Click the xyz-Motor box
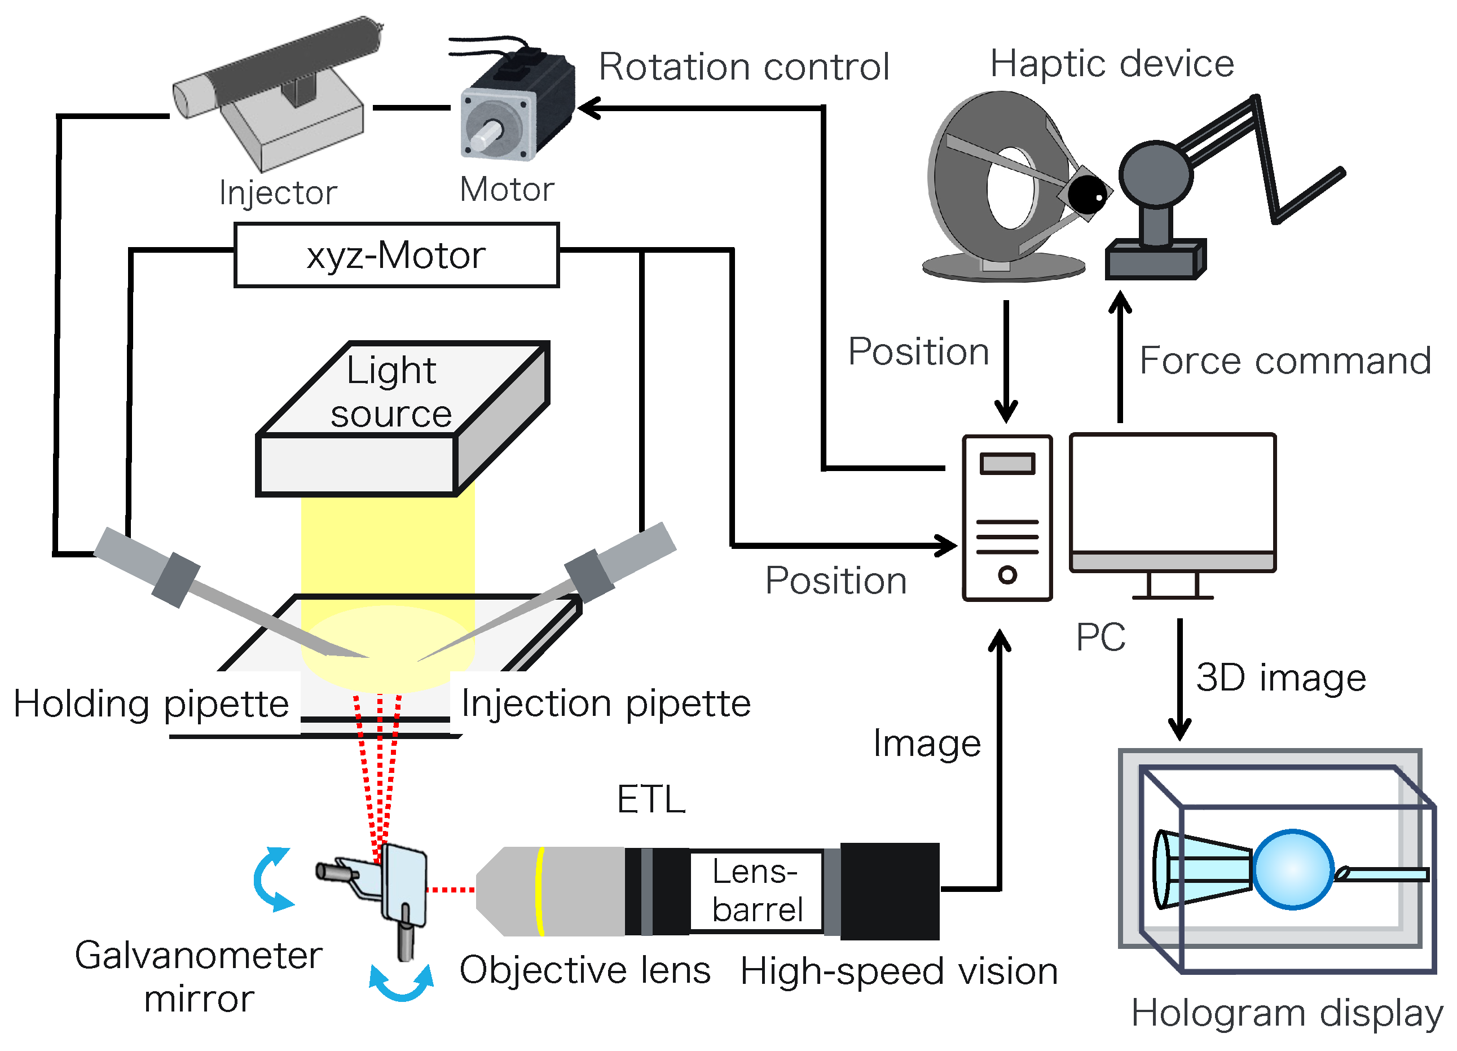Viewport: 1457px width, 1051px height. point(397,255)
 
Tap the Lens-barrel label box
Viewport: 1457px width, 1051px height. point(756,890)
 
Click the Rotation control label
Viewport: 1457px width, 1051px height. point(743,67)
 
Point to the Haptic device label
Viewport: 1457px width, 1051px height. point(1111,64)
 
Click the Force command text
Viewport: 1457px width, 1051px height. point(1285,360)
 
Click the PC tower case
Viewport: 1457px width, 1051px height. point(1007,518)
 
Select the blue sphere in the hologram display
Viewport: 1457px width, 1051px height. point(1292,869)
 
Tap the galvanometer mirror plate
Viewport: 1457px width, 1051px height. point(403,883)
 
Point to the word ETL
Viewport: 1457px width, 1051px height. point(651,799)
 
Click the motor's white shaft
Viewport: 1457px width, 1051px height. point(486,135)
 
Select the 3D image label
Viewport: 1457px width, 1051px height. point(1280,678)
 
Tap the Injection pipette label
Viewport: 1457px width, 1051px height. point(605,703)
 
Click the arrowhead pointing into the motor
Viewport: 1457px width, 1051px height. point(587,108)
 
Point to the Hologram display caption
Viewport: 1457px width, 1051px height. point(1287,1014)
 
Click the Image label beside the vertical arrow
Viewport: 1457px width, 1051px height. point(926,744)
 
